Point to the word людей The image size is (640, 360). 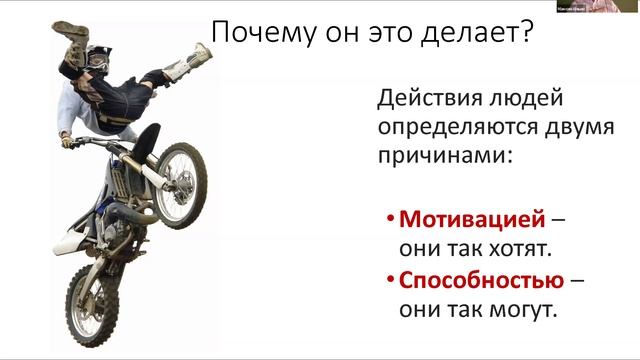coord(525,99)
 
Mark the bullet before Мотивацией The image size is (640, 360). coord(388,218)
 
